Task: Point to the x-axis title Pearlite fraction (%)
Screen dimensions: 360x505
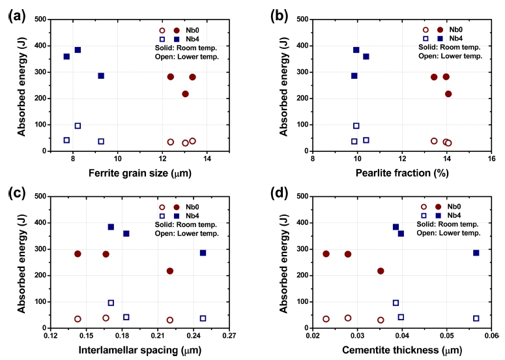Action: pos(401,174)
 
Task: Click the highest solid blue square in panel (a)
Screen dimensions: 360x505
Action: pos(78,50)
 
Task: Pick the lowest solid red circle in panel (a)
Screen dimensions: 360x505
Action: pos(185,94)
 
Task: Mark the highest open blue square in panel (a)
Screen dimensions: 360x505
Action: pos(78,126)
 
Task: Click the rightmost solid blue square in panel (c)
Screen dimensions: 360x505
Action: pos(203,252)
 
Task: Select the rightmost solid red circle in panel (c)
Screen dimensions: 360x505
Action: pos(170,271)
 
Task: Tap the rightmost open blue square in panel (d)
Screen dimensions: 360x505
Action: pos(476,318)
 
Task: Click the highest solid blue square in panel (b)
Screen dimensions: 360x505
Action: pos(356,50)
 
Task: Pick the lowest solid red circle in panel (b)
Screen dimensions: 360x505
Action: pos(448,94)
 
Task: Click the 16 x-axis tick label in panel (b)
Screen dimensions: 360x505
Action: pos(491,160)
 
